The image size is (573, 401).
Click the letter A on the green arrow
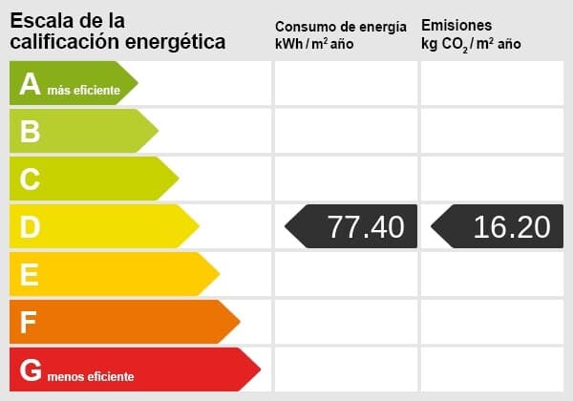[x=31, y=85]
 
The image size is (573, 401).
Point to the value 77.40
[x=365, y=226]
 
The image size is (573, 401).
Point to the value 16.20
[x=511, y=226]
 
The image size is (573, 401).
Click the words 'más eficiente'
[x=84, y=90]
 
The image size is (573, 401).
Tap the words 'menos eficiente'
[x=92, y=376]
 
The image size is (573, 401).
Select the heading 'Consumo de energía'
[x=340, y=27]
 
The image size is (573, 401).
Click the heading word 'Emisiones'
[x=456, y=26]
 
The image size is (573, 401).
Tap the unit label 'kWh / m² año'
[x=314, y=45]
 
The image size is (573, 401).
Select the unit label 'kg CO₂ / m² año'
[x=471, y=45]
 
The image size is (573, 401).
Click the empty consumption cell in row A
[x=346, y=84]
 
